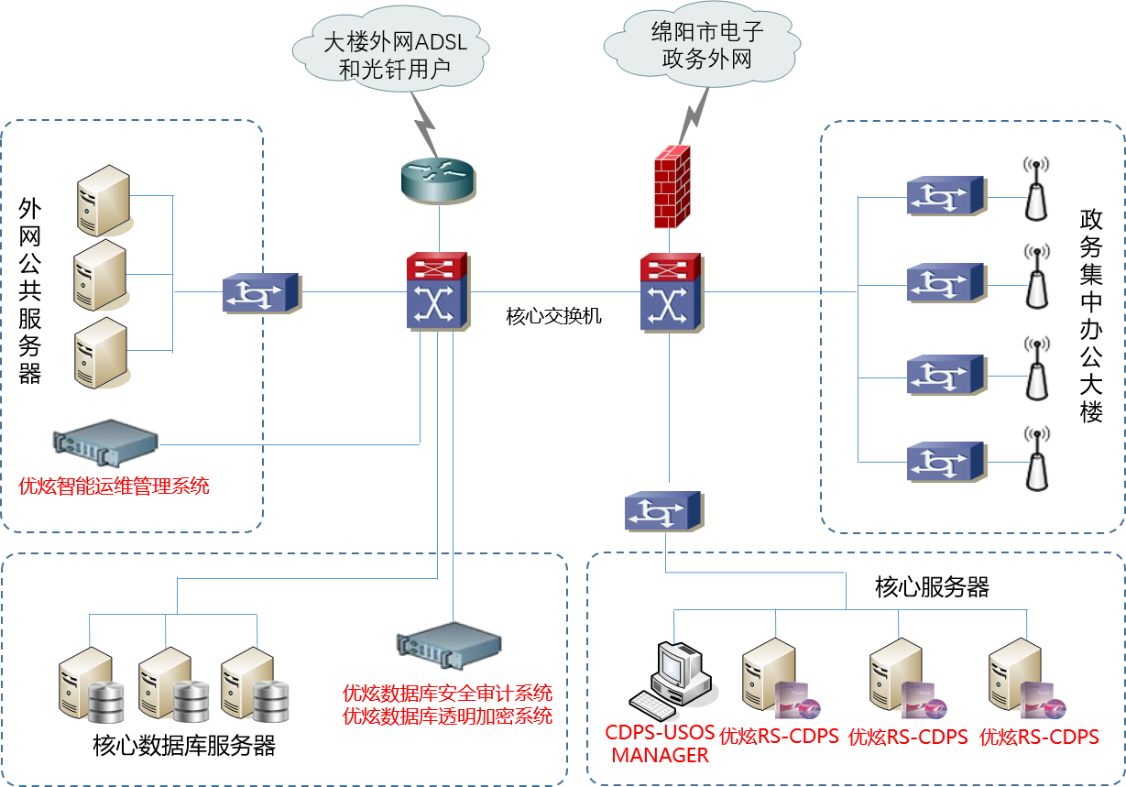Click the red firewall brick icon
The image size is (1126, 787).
(672, 187)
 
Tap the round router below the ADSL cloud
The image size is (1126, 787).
(439, 180)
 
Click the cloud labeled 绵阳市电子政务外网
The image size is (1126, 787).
(701, 46)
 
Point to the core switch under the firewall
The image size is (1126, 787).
(672, 292)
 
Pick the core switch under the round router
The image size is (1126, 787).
(438, 292)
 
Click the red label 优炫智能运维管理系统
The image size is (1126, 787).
(114, 486)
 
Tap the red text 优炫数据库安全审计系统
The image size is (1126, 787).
(447, 693)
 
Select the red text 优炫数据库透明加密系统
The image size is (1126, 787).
(447, 716)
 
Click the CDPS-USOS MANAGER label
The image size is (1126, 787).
(660, 745)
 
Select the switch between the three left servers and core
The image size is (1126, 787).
(262, 293)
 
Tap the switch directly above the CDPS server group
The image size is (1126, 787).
(664, 511)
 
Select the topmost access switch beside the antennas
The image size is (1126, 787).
(946, 196)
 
